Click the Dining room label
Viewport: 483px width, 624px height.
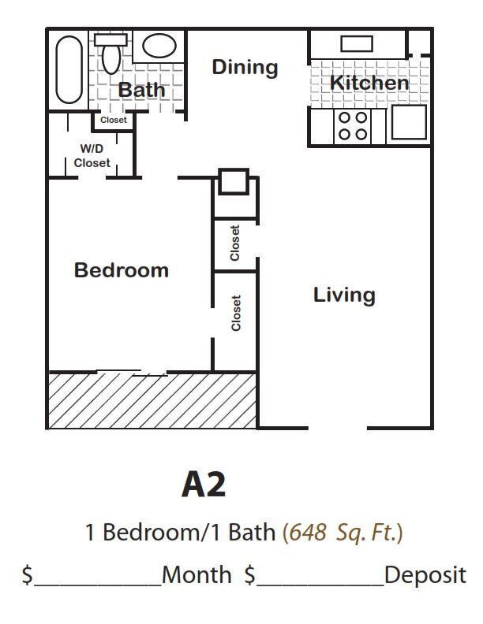tap(245, 68)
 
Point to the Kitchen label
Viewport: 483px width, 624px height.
tap(369, 83)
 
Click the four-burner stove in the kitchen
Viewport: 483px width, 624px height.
tap(353, 125)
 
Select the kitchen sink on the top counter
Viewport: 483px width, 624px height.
tap(357, 43)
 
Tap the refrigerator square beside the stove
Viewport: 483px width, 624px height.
tap(408, 123)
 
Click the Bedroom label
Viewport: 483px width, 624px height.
tap(122, 270)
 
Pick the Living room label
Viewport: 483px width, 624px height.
tap(344, 295)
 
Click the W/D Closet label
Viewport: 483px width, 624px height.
tap(92, 156)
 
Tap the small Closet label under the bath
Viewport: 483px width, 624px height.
tap(114, 121)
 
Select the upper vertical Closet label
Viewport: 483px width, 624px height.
tap(235, 243)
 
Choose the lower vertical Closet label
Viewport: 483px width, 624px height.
tap(236, 313)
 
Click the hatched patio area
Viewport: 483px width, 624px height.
tap(153, 400)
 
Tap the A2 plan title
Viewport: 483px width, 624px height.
tap(204, 485)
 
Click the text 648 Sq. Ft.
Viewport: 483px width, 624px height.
tap(343, 533)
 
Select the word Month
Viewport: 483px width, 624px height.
tap(197, 575)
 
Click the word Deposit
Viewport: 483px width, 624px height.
tap(425, 575)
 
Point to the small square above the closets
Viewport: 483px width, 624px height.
tap(233, 182)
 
